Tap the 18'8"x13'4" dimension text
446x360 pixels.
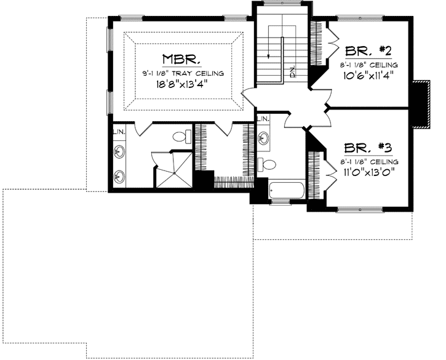180,86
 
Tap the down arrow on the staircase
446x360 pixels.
269,55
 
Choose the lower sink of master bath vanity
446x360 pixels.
119,176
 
